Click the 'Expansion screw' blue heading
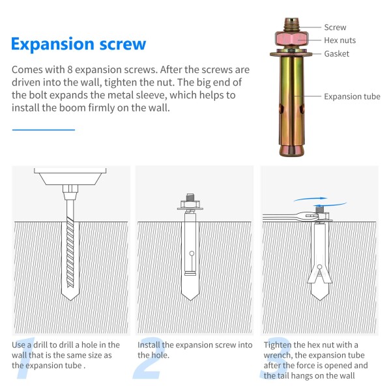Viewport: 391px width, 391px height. (79, 44)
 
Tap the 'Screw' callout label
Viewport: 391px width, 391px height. (335, 27)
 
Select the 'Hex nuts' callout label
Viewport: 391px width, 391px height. (340, 40)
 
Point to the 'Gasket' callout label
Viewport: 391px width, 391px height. (337, 53)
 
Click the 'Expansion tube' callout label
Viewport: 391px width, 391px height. (352, 96)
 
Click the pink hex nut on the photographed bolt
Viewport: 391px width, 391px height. (292, 39)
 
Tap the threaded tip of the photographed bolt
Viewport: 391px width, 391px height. (291, 24)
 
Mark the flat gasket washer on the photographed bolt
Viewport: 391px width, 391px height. (291, 54)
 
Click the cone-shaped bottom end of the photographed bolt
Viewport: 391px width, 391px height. (291, 151)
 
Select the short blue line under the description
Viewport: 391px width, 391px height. (44, 130)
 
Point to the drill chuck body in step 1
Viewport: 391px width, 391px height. (70, 177)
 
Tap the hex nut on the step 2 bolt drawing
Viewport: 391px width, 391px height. (190, 205)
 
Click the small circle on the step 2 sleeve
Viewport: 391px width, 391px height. (192, 253)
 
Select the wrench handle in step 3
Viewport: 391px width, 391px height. (280, 217)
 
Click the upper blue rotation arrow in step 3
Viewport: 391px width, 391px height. (310, 199)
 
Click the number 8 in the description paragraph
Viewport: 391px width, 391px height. (70, 70)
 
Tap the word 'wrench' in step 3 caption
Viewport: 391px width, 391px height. (277, 355)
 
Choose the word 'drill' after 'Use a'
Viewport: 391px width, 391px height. (41, 345)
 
